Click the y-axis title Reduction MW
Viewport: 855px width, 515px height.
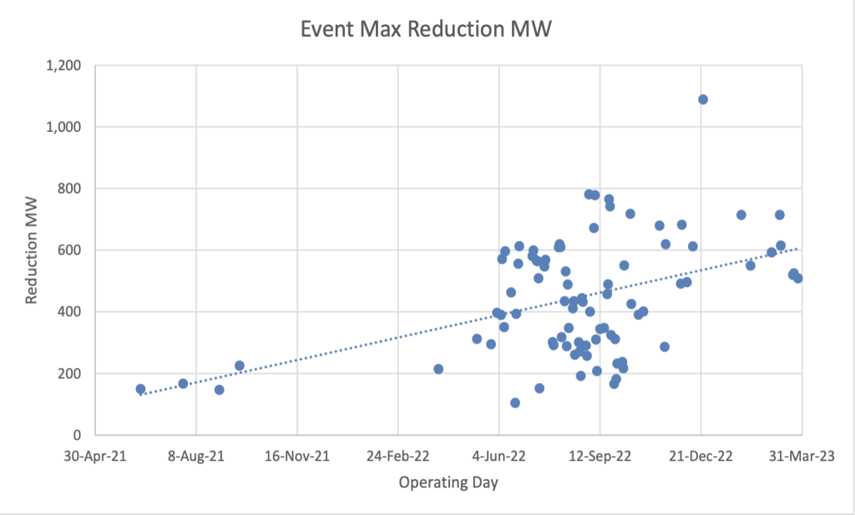coord(32,250)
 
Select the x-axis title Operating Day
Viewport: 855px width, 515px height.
coord(448,483)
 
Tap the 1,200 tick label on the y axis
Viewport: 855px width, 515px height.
coord(63,65)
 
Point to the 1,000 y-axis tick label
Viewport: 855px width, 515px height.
coord(63,127)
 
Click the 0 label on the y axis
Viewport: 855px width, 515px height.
coord(78,436)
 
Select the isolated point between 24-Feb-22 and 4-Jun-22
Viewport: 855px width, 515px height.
coord(438,369)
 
